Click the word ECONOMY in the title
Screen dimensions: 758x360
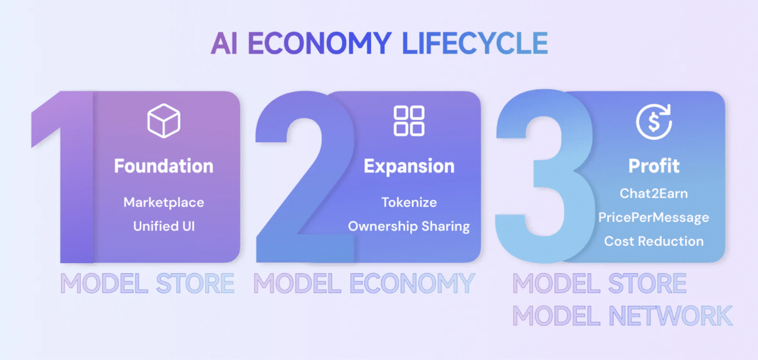coord(320,43)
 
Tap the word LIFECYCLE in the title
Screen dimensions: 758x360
coord(475,43)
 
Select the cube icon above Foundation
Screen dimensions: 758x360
coord(164,121)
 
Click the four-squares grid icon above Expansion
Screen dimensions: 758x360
coord(409,121)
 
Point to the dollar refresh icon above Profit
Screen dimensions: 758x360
coord(654,121)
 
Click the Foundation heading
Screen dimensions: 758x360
coord(164,166)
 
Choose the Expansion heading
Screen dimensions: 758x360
coord(409,167)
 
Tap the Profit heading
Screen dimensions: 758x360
coord(654,166)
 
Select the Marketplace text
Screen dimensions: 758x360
coord(164,203)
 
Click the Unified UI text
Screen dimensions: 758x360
coord(164,226)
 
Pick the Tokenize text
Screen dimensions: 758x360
coord(409,203)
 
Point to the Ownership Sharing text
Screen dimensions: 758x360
coord(409,226)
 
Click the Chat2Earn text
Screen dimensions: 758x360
coord(654,193)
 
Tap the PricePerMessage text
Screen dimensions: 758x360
coord(654,218)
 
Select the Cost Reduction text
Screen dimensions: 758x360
coord(654,241)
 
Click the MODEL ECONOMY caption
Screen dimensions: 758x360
coord(364,283)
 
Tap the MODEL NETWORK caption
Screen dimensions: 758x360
coord(623,315)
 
